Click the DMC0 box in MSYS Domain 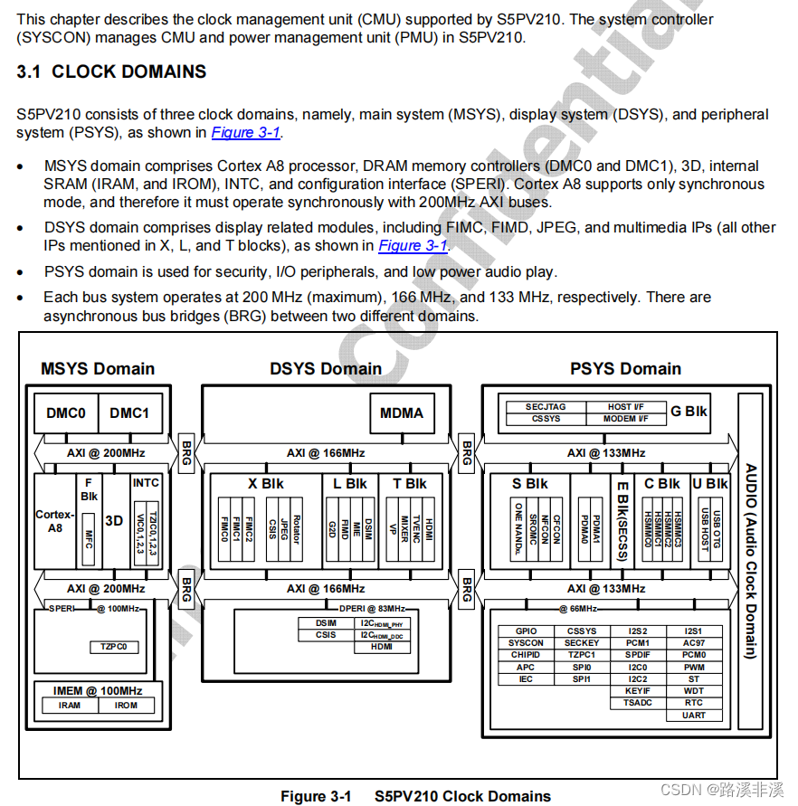coord(66,413)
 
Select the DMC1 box coord(129,413)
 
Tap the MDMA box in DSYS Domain coord(401,413)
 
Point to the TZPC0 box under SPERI coord(114,647)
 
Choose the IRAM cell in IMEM coord(70,706)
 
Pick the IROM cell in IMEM coord(126,706)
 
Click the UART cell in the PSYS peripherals coord(694,716)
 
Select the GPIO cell coord(526,631)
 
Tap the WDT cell coord(694,691)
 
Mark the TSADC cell coord(637,703)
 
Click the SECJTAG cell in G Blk coord(546,407)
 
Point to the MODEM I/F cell coord(625,419)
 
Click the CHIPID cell coord(526,655)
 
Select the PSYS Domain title coord(625,369)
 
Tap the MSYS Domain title coord(98,369)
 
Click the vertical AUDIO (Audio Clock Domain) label coord(751,561)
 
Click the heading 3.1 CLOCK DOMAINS coord(111,72)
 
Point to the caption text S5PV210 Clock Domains coord(462,797)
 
